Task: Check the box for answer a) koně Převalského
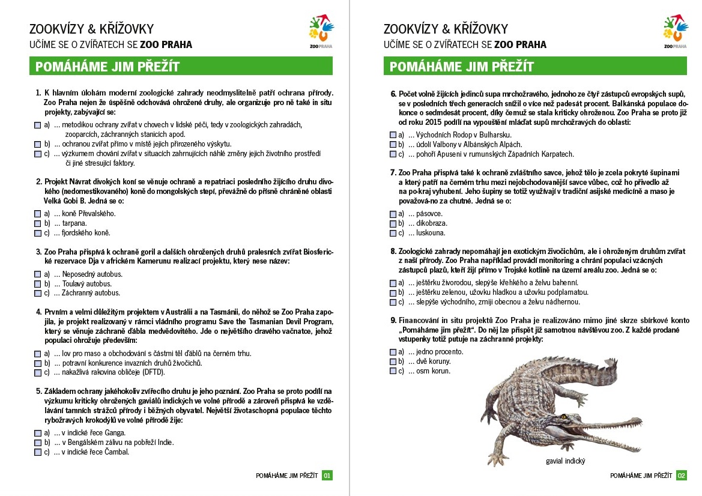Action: [38, 213]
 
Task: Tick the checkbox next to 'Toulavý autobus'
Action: [38, 283]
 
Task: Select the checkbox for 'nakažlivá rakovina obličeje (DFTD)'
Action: [38, 372]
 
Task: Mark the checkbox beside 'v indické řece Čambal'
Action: [38, 452]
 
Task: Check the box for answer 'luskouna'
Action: [393, 233]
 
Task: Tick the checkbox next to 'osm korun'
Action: [393, 371]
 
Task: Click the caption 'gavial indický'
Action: [565, 461]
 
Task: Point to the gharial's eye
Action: [564, 416]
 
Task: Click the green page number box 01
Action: [327, 475]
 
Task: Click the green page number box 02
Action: [682, 475]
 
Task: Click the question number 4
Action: [38, 312]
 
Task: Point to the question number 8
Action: [393, 252]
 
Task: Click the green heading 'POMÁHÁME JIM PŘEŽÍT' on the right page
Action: [461, 67]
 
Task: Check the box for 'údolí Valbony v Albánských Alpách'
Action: [393, 145]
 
